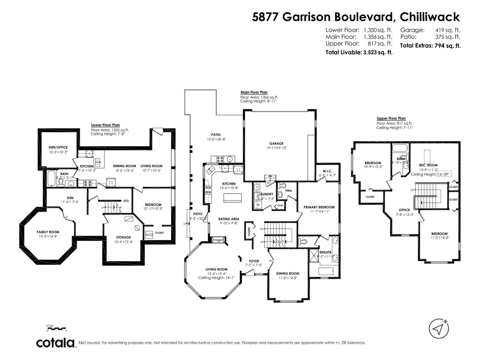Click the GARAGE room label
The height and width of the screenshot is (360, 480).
(276, 143)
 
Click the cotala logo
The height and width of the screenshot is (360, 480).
(56, 343)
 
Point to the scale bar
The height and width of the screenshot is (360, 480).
(57, 329)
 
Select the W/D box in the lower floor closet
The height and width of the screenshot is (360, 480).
(149, 235)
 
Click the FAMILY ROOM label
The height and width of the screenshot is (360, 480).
(48, 232)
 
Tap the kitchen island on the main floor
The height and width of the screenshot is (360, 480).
(232, 197)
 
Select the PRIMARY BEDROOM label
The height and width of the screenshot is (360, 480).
(319, 207)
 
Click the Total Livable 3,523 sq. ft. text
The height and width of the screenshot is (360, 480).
(359, 52)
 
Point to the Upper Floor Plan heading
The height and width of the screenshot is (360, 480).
(391, 118)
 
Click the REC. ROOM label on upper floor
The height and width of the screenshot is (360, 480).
(428, 165)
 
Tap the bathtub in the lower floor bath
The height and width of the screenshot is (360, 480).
(51, 179)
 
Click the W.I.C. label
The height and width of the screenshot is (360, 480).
(327, 171)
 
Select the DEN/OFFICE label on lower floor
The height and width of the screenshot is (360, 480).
(58, 147)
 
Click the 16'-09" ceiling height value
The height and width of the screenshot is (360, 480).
(444, 174)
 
